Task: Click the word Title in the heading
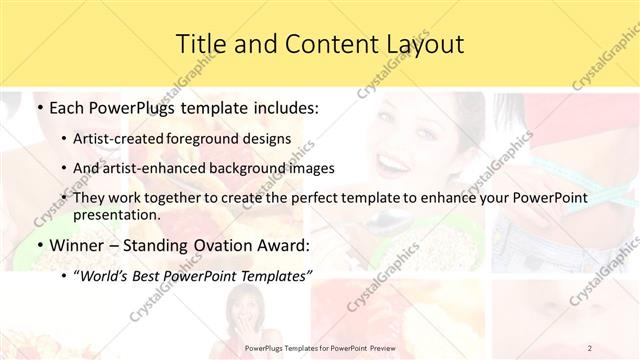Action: pyautogui.click(x=201, y=44)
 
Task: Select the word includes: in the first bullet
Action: pyautogui.click(x=284, y=106)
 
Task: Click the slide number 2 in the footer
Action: pyautogui.click(x=590, y=347)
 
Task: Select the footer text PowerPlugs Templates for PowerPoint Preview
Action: pyautogui.click(x=319, y=347)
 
